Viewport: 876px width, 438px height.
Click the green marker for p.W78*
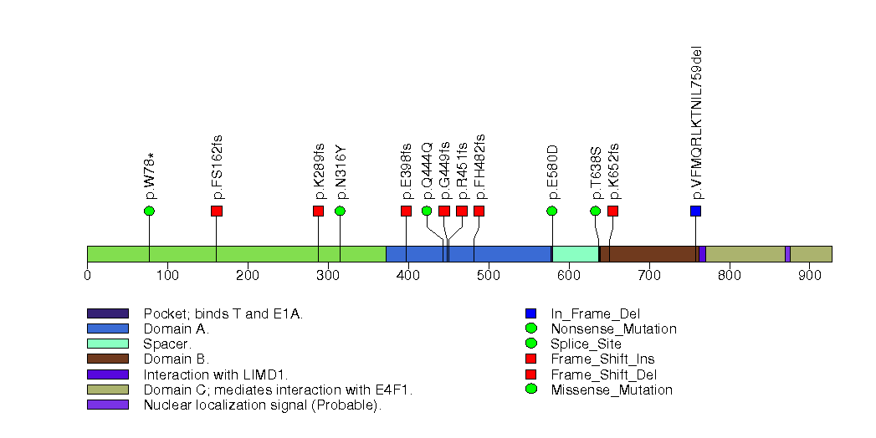(x=149, y=211)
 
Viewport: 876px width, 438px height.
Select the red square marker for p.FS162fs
(x=217, y=211)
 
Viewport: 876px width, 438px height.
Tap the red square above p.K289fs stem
(x=318, y=211)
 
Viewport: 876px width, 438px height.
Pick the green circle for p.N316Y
(x=340, y=211)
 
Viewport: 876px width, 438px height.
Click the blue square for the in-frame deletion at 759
(x=695, y=211)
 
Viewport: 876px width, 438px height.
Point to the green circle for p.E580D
(x=552, y=211)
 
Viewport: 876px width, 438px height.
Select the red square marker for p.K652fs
(x=612, y=211)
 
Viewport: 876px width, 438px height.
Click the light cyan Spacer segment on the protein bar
(x=576, y=254)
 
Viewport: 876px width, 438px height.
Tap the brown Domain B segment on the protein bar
(x=653, y=254)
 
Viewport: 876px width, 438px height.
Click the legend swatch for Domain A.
(x=108, y=329)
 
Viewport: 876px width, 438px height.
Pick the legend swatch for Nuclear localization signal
(x=108, y=405)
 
